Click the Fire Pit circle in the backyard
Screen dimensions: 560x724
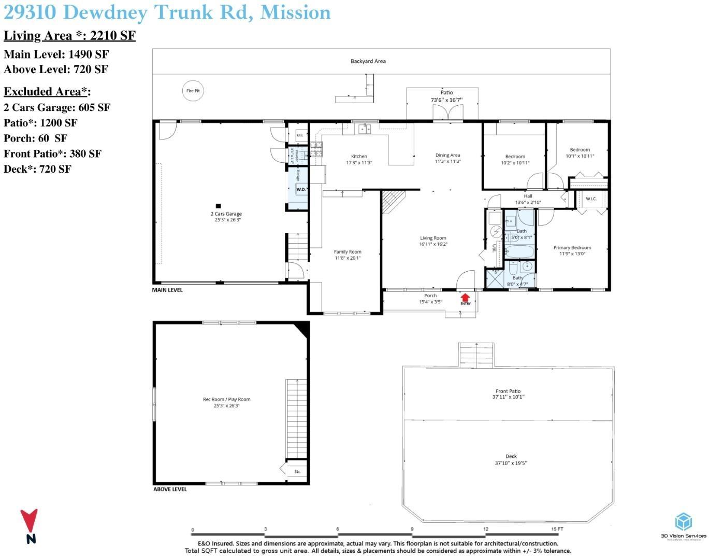pos(193,91)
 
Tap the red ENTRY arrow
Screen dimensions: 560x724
pos(465,298)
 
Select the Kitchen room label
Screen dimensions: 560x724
pos(359,156)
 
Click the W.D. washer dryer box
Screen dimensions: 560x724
pos(301,189)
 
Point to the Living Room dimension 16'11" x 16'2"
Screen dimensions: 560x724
pos(433,244)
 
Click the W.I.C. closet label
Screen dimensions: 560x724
pos(591,199)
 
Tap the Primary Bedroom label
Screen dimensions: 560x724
pos(572,247)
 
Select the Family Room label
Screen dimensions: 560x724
pos(347,252)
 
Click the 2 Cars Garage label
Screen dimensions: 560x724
pos(226,214)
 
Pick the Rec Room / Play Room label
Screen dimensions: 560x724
pos(226,399)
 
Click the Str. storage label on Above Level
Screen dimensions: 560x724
pos(297,471)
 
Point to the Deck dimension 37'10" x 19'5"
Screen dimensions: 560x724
pos(511,463)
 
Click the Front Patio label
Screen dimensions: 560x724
pos(508,391)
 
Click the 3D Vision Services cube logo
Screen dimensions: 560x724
pos(683,521)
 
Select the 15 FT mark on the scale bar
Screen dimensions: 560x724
pos(557,529)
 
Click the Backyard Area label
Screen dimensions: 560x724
pos(368,61)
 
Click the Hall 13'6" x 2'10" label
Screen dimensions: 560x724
pos(528,199)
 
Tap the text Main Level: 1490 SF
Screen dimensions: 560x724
pos(56,54)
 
